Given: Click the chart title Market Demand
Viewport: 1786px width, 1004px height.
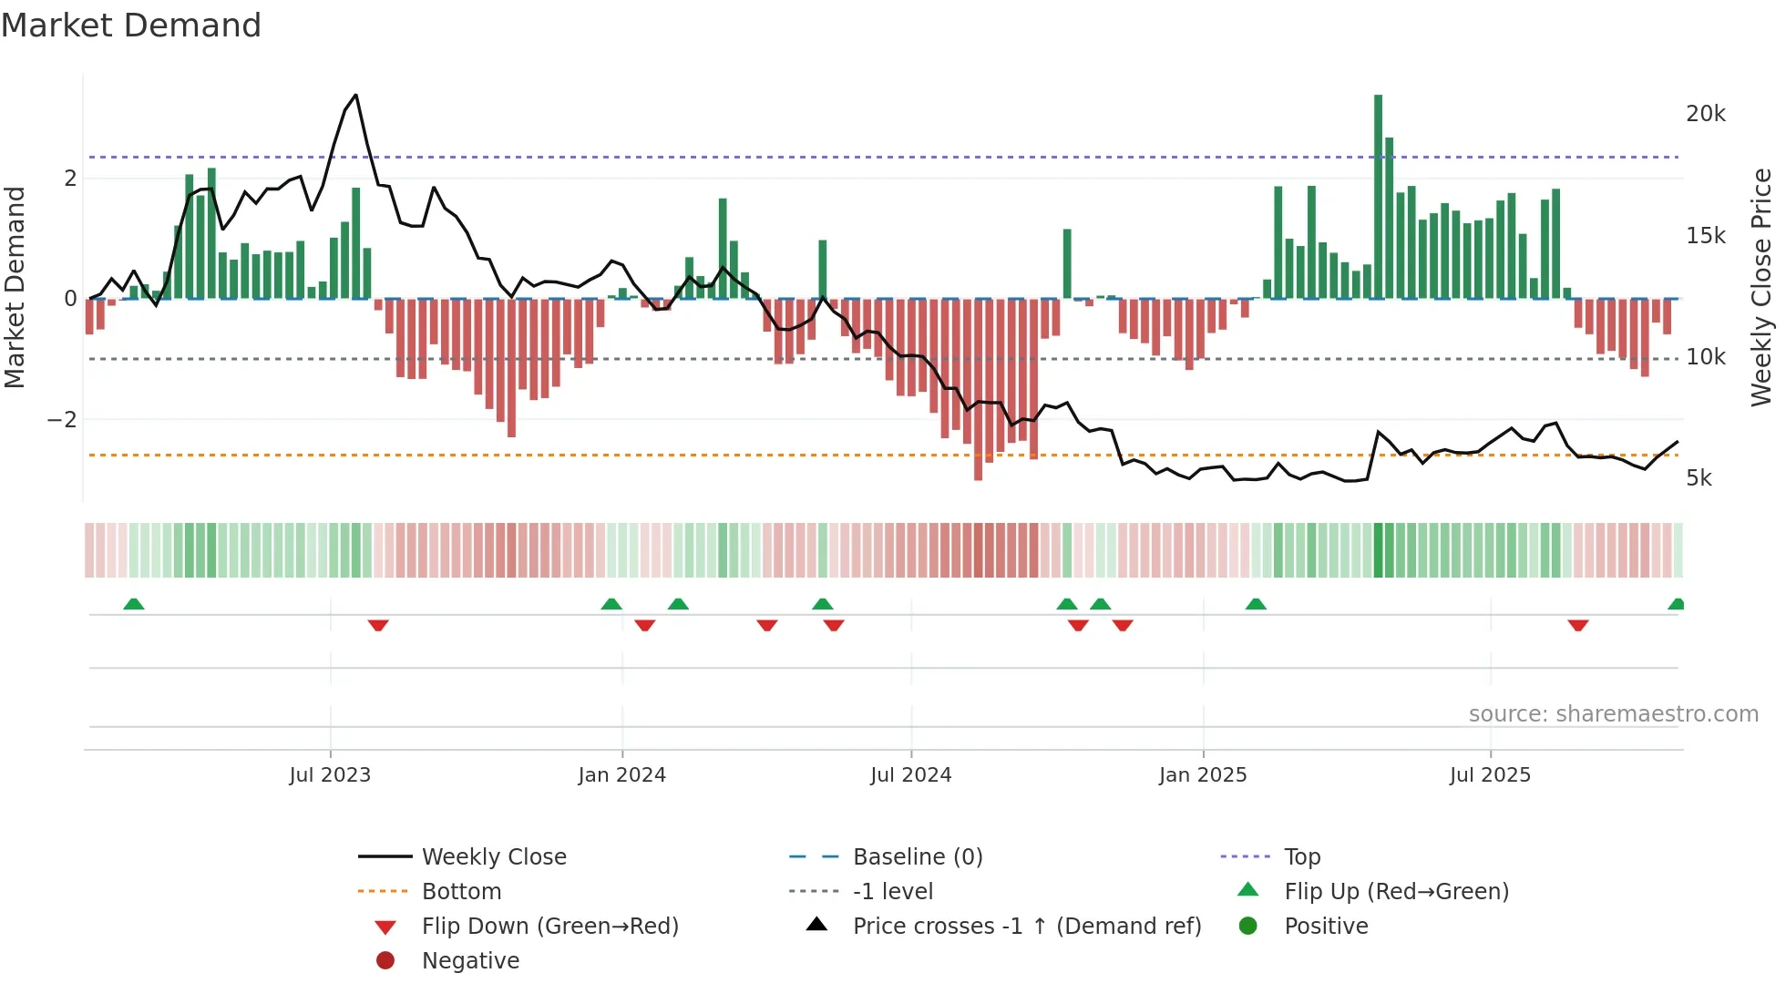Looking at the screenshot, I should point(131,26).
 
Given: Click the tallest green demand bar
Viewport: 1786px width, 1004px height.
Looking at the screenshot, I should point(1378,196).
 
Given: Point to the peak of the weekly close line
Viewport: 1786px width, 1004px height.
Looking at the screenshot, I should point(355,95).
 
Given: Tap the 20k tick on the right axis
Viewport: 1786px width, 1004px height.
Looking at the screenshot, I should point(1705,114).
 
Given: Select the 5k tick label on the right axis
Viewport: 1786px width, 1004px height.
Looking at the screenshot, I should point(1699,478).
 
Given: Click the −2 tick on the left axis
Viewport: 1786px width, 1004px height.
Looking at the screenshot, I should point(63,420).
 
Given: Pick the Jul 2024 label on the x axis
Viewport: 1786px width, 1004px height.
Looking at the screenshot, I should point(910,775).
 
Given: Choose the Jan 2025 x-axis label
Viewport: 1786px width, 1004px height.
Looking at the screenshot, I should point(1202,775).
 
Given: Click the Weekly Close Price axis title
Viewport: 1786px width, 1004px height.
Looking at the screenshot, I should point(1760,287).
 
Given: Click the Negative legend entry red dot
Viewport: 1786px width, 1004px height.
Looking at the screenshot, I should point(385,961).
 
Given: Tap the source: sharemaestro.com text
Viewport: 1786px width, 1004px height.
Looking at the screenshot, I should point(1613,714).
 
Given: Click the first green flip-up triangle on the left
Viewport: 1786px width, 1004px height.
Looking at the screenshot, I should point(134,604).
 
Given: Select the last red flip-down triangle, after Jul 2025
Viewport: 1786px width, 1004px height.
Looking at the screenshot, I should point(1578,625).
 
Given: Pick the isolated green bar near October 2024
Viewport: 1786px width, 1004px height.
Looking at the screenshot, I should point(1067,264).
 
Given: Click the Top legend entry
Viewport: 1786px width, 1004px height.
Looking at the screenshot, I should point(1301,857).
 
